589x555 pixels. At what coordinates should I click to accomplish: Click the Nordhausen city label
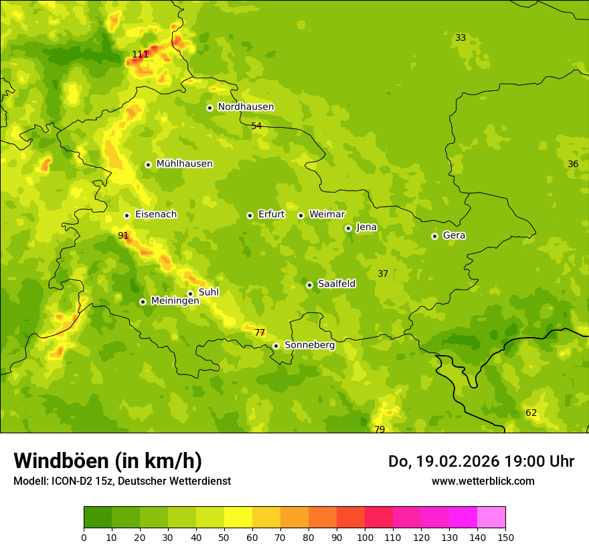pos(246,107)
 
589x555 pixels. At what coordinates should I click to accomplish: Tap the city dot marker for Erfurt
pos(250,215)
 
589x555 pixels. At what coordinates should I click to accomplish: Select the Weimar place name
pos(327,215)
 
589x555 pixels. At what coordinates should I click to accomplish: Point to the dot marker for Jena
pos(348,228)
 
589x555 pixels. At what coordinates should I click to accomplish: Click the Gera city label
pos(454,235)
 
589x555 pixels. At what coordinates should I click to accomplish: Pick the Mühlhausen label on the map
pos(184,164)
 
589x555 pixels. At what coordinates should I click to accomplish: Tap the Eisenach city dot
pos(127,215)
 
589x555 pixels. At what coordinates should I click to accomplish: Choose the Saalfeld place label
pos(337,284)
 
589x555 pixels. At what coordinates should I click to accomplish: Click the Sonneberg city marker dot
pos(276,346)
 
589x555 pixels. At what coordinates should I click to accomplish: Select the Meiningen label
pos(175,301)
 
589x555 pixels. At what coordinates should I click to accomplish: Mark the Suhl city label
pos(209,292)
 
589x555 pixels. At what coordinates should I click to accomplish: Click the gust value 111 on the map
pos(141,54)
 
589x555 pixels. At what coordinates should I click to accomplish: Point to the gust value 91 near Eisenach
pos(123,235)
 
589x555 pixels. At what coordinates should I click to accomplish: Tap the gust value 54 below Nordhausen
pos(256,126)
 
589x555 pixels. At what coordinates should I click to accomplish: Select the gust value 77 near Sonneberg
pos(260,332)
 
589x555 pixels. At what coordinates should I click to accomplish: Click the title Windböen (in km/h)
pos(107,461)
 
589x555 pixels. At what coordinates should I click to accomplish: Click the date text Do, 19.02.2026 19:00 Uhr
pos(481,461)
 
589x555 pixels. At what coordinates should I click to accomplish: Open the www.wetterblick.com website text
pos(483,481)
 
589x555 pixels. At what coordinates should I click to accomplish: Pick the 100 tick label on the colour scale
pos(365,537)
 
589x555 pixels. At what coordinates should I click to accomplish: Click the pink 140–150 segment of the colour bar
pos(491,517)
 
